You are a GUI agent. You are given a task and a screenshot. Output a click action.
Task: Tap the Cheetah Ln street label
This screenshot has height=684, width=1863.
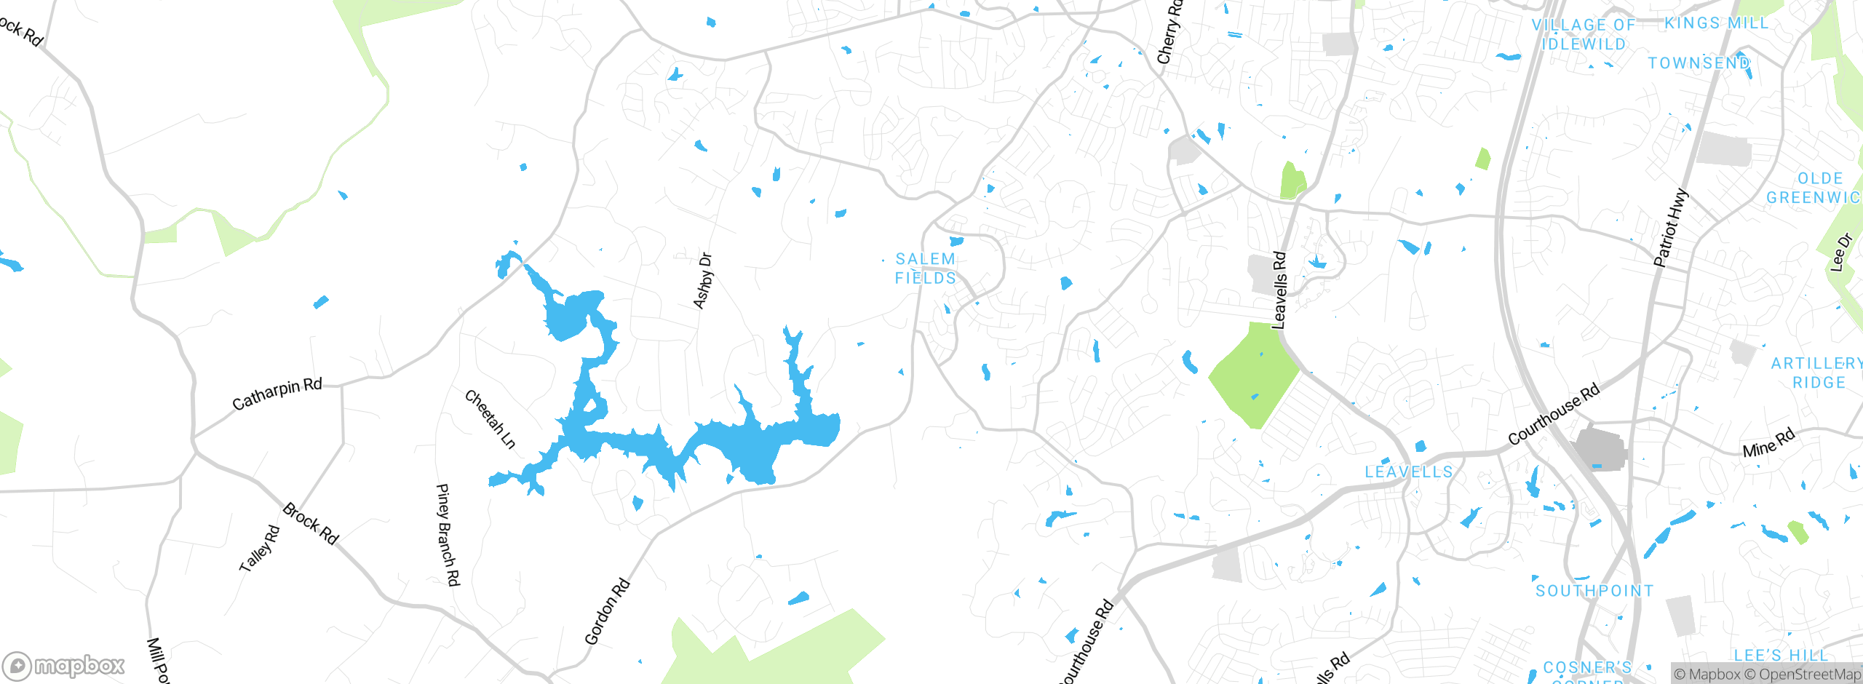pyautogui.click(x=490, y=419)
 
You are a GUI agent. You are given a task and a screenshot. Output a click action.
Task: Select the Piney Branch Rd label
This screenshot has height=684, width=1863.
pyautogui.click(x=448, y=534)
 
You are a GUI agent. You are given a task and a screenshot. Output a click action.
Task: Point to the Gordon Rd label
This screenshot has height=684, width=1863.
pyautogui.click(x=607, y=611)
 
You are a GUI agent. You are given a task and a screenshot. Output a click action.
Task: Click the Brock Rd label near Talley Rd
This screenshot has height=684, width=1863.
pyautogui.click(x=311, y=523)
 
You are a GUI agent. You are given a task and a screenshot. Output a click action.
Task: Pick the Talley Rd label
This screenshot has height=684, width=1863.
pyautogui.click(x=260, y=548)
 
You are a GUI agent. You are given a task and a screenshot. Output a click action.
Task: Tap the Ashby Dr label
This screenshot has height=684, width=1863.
pyautogui.click(x=703, y=281)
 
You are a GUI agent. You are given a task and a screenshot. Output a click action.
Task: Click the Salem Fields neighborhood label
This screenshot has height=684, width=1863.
pyautogui.click(x=925, y=269)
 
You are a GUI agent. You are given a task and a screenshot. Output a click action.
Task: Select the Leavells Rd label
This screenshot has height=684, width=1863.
pyautogui.click(x=1279, y=290)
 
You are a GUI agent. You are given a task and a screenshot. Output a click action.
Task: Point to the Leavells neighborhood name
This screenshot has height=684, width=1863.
pyautogui.click(x=1409, y=472)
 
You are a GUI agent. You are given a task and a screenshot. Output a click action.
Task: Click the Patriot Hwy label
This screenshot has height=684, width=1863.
pyautogui.click(x=1669, y=228)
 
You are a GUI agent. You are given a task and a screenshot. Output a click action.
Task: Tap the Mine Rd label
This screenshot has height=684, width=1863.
pyautogui.click(x=1768, y=443)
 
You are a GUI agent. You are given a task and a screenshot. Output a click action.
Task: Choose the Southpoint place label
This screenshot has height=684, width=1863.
pyautogui.click(x=1594, y=591)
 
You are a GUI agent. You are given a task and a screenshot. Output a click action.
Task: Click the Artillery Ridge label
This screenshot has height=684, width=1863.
pyautogui.click(x=1816, y=373)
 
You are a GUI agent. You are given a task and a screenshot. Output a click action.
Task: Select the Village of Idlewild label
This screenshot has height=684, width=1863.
pyautogui.click(x=1584, y=34)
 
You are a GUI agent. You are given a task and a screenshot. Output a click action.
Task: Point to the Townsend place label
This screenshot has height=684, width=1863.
pyautogui.click(x=1699, y=63)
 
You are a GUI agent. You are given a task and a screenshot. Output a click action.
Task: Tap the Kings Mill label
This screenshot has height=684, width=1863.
pyautogui.click(x=1716, y=23)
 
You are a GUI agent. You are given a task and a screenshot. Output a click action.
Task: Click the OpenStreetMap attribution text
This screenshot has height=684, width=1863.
pyautogui.click(x=1808, y=675)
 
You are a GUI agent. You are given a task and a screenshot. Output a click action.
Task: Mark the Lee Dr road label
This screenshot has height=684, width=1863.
pyautogui.click(x=1841, y=252)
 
